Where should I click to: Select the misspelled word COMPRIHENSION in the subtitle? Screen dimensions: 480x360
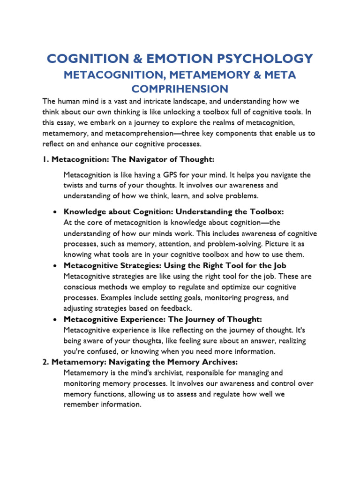pos(180,89)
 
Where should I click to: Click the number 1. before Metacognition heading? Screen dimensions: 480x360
pos(46,159)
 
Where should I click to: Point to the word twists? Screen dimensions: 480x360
pos(74,185)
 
